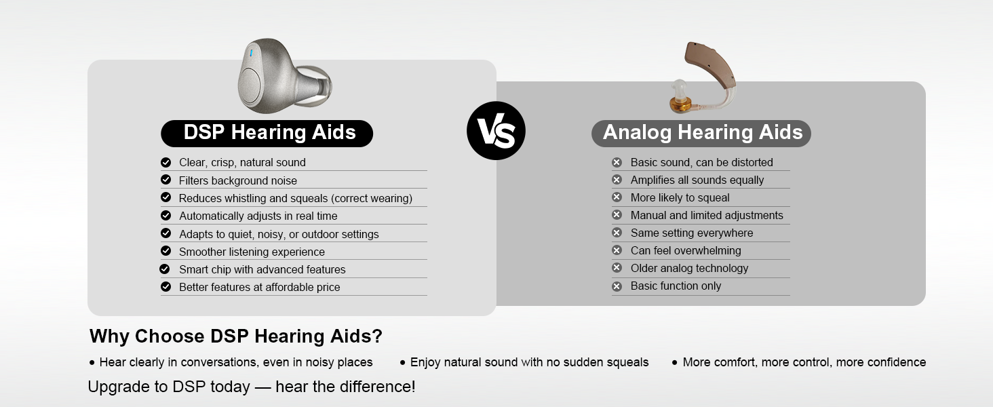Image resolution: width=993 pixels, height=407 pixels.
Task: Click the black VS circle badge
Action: coord(496,131)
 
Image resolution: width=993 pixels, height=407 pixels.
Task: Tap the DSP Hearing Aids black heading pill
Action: coord(267,133)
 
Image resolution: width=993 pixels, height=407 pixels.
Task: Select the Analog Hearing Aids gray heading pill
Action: coord(701,133)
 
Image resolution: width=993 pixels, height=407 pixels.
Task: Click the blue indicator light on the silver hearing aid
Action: coord(252,52)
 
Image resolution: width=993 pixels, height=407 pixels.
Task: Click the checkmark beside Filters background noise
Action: coord(165,180)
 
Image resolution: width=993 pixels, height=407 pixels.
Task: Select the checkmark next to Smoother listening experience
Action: coord(165,251)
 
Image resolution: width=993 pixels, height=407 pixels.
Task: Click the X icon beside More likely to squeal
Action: coord(617,197)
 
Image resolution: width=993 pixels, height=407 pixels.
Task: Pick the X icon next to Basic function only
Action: coord(617,286)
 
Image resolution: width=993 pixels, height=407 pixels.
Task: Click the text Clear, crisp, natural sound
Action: coord(242,163)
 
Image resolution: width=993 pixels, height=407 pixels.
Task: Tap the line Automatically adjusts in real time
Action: coord(258,216)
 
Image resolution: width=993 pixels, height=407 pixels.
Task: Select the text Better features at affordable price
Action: coord(259,287)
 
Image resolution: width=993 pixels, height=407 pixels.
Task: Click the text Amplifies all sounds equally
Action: coord(697,180)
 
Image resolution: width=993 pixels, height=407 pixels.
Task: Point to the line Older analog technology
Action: coord(689,268)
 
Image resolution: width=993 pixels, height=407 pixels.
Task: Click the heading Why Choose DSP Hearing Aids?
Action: coord(235,336)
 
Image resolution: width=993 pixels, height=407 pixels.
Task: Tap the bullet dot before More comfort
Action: coord(674,363)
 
